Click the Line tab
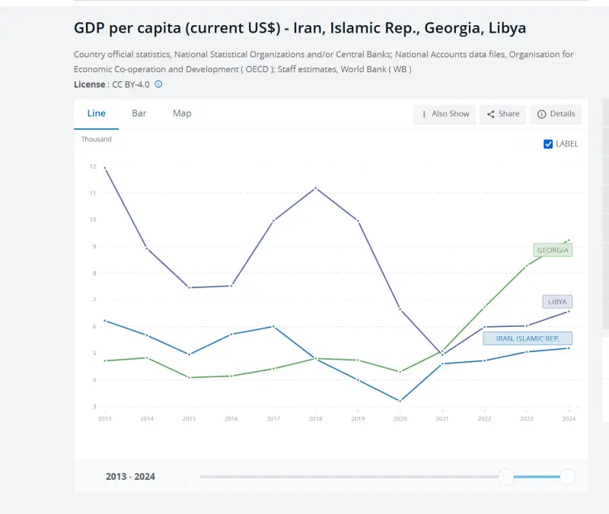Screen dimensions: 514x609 pos(97,113)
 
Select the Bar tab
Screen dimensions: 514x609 pos(139,113)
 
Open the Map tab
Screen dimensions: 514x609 pos(182,113)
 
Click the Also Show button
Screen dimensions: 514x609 pos(445,114)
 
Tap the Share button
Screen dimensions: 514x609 pos(503,114)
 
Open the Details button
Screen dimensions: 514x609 pos(556,114)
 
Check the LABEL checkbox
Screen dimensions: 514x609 pos(548,144)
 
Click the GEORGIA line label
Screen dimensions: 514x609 pos(553,250)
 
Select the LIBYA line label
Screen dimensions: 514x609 pos(557,302)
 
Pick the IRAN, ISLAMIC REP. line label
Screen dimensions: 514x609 pos(528,338)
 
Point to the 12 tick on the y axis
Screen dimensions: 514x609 pos(92,167)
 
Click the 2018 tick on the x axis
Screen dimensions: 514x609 pos(316,419)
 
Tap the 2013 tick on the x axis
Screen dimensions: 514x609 pos(104,419)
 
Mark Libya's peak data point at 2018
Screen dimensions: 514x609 pos(316,188)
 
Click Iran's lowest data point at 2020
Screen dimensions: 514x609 pos(400,401)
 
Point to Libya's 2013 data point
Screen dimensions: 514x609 pos(104,167)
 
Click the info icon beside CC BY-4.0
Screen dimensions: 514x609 pos(158,84)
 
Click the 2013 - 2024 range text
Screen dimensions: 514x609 pos(130,477)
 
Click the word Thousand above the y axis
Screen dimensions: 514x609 pos(97,139)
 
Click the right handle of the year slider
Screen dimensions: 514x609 pos(567,477)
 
